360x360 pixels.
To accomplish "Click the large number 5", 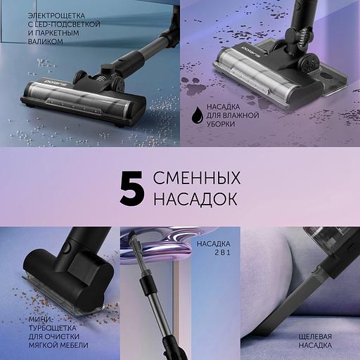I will coord(132,187).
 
